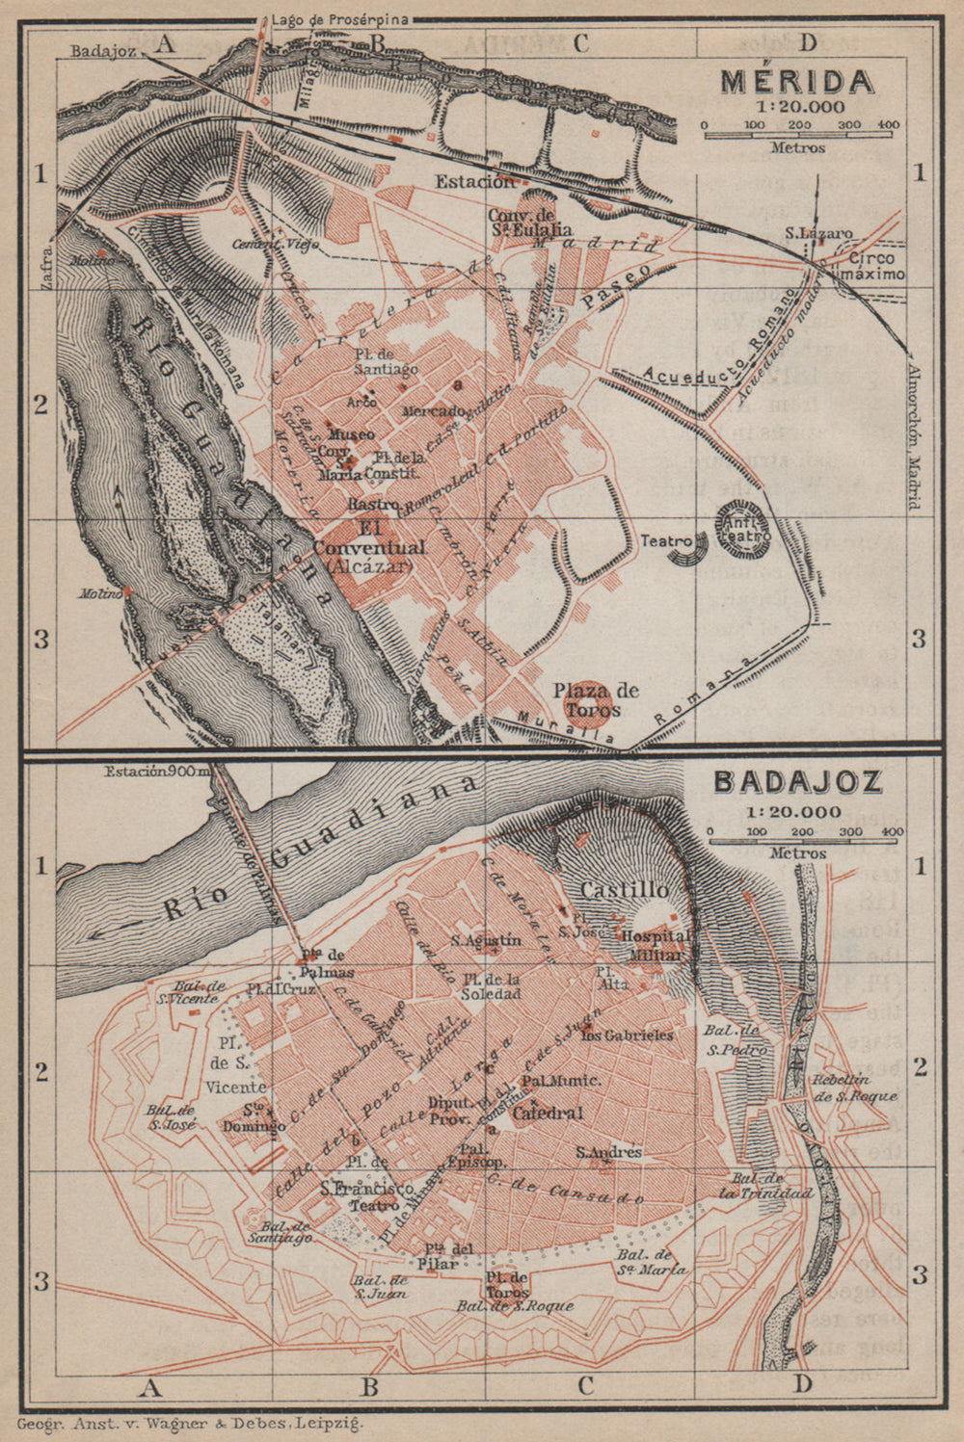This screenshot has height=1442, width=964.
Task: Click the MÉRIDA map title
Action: (797, 81)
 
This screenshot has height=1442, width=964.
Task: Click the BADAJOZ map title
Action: (797, 780)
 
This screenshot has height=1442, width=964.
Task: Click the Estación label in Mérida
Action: (474, 181)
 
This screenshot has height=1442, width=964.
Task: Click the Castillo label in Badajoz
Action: (624, 890)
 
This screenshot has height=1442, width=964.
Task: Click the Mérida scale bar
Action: (800, 135)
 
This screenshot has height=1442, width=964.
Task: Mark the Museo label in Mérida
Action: (352, 434)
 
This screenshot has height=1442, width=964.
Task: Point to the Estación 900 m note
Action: (156, 770)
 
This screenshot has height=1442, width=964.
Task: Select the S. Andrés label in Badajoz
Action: (608, 1152)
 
